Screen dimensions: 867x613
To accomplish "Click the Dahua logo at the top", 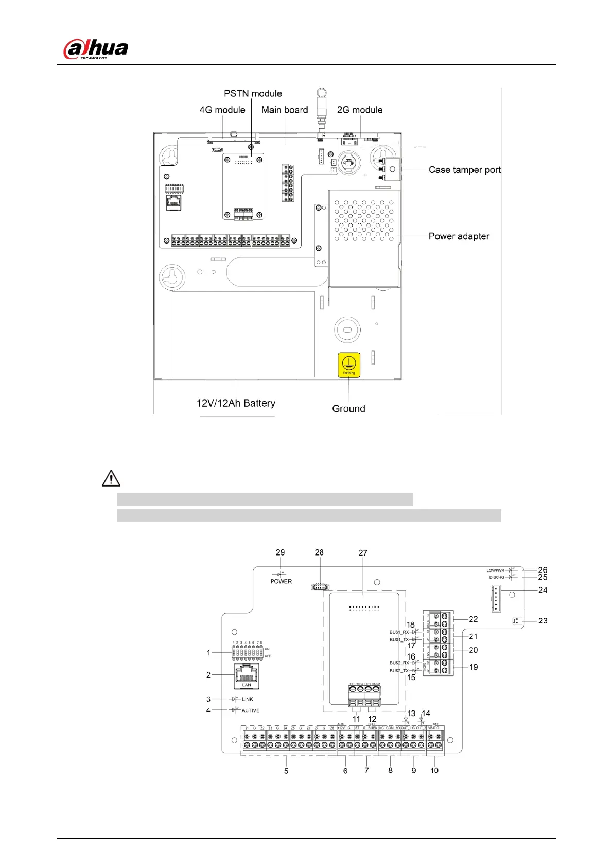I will coord(96,49).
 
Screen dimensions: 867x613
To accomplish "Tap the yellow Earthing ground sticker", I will coord(348,365).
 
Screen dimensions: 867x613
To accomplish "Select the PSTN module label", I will coord(253,94).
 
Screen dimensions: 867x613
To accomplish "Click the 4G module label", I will coord(222,110).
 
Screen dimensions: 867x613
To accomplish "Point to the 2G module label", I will coord(360,110).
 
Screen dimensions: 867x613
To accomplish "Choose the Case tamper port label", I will coord(464,170).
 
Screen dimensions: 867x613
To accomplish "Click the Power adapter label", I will coord(459,236).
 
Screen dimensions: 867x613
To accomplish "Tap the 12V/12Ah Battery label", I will coord(236,403).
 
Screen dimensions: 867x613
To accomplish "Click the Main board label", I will coord(285,110).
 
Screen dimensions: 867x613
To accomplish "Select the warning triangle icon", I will coord(111,478).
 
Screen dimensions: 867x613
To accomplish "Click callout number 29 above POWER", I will coord(280,552).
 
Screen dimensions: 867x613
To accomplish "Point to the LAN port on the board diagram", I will coord(247,674).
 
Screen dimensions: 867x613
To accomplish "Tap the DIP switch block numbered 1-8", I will coord(248,653).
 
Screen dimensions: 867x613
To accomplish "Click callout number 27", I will coord(363,553).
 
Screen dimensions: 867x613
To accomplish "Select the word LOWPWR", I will coord(495,570).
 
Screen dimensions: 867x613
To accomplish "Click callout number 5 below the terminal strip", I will coord(286,771).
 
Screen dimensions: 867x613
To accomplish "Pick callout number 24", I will coord(542,590).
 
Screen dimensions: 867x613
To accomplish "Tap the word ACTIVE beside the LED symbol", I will coord(251,710).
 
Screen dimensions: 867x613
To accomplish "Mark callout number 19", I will coord(474,667).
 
